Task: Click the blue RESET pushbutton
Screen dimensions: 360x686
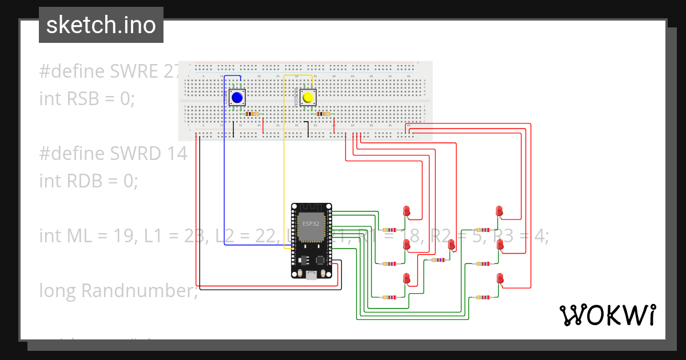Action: point(237,98)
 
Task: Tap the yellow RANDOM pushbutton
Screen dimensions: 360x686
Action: point(309,98)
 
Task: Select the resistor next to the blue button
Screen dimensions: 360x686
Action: point(252,114)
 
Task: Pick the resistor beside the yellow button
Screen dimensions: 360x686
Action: point(323,114)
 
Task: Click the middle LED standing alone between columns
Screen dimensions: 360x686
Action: point(452,245)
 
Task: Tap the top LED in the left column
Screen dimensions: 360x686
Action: point(407,211)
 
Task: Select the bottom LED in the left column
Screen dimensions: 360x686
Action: point(407,278)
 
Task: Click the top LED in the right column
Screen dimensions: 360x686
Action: point(500,211)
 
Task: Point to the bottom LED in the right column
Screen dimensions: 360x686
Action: point(500,278)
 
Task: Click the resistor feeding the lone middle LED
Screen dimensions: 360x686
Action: point(438,259)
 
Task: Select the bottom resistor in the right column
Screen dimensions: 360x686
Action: point(484,297)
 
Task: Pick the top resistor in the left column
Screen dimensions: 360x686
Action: point(390,230)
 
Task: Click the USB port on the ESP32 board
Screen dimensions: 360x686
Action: point(312,275)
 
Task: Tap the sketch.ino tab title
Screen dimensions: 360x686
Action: point(101,25)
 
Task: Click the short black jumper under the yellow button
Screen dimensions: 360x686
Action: point(308,130)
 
